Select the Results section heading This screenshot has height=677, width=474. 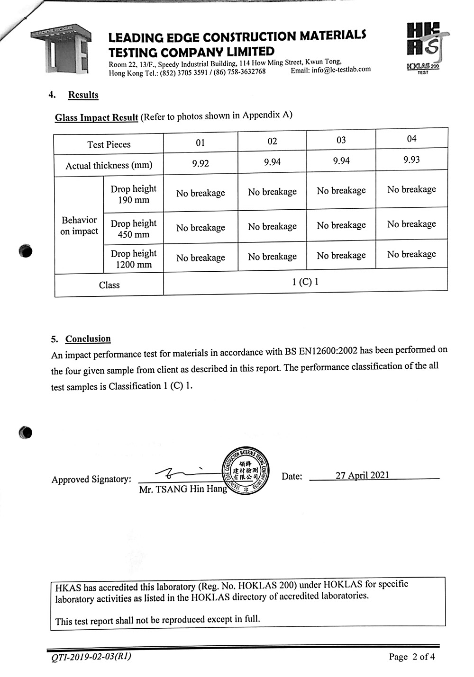(83, 95)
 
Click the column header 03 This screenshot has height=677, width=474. (341, 140)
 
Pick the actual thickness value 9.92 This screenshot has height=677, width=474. (200, 164)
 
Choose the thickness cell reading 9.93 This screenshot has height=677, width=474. (411, 160)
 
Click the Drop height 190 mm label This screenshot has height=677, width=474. (133, 194)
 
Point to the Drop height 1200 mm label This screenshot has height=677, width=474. (133, 259)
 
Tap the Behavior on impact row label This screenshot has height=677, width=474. (79, 225)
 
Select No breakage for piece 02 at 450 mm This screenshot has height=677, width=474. (272, 227)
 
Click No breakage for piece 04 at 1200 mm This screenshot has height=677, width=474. (411, 254)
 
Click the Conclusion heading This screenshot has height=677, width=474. (88, 339)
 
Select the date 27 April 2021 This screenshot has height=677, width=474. (362, 475)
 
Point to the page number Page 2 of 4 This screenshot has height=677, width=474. (411, 657)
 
